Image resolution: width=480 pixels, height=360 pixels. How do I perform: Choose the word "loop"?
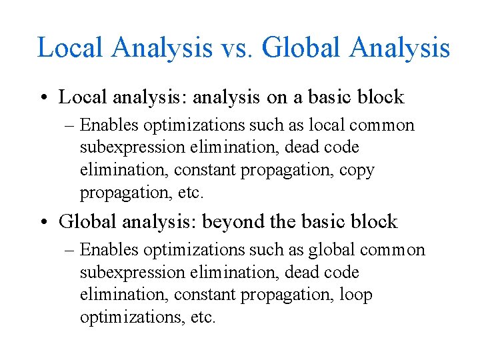point(357,295)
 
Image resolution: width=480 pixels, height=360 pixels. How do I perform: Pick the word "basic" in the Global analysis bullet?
point(332,221)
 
